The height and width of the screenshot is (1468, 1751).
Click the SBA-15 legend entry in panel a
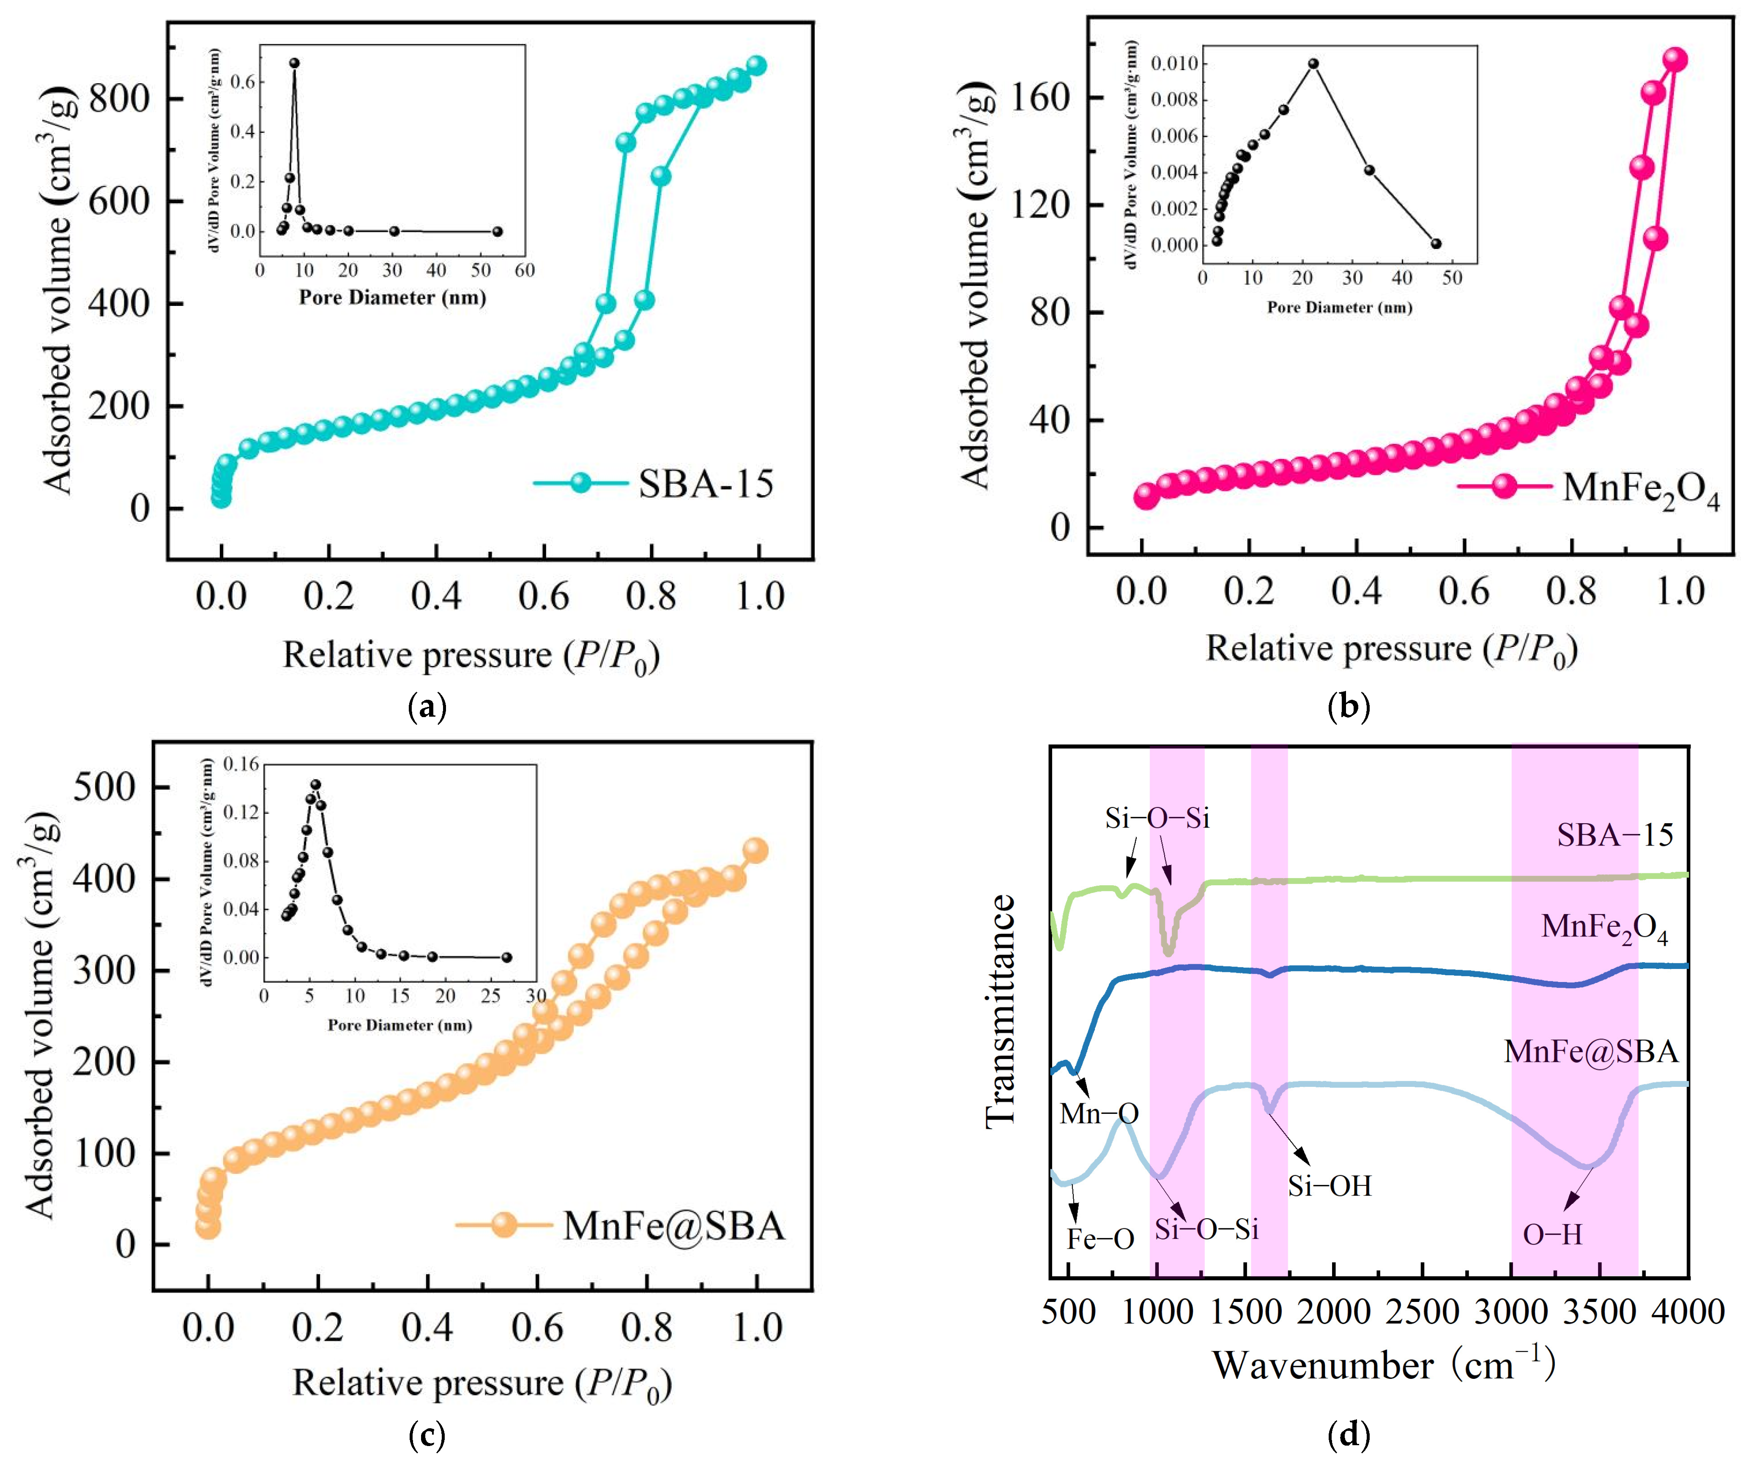pos(706,483)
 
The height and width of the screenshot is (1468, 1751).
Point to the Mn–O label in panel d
pos(1099,1113)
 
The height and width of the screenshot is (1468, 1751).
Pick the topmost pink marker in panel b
pos(1674,59)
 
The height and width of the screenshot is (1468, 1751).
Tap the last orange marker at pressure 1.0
pos(755,850)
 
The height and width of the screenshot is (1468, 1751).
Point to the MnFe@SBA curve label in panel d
pos(1591,1051)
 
